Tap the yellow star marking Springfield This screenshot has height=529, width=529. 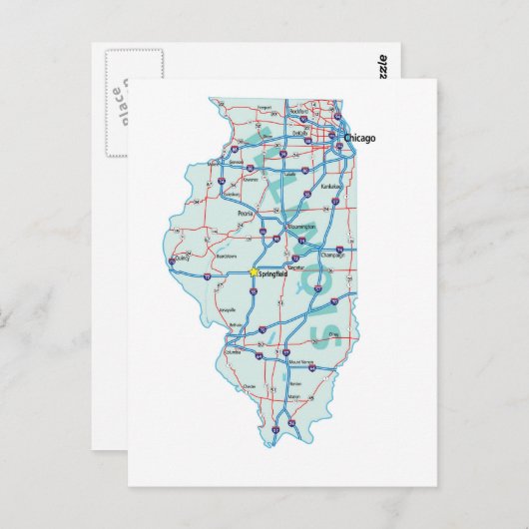[x=253, y=271]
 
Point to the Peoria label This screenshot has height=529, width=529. [x=245, y=213]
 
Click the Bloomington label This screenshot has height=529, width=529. [x=300, y=227]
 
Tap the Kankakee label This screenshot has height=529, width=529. [x=330, y=186]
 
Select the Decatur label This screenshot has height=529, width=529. [x=295, y=268]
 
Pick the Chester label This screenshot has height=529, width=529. [x=250, y=386]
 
